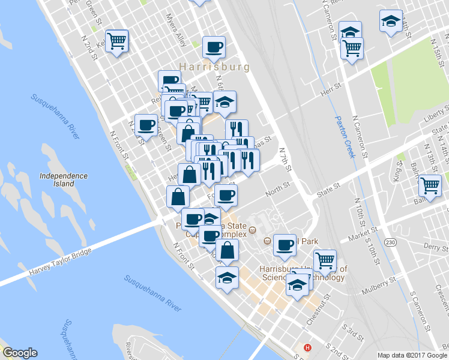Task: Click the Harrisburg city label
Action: click(214, 67)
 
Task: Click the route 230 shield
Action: click(391, 242)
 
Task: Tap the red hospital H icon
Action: click(308, 348)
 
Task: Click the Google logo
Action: click(20, 353)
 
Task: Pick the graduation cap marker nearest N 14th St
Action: click(391, 22)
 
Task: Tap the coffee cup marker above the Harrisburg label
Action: click(214, 46)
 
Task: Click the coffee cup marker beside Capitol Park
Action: click(285, 244)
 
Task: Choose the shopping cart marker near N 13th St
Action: click(430, 185)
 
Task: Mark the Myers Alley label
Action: click(176, 31)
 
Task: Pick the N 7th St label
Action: click(285, 160)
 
